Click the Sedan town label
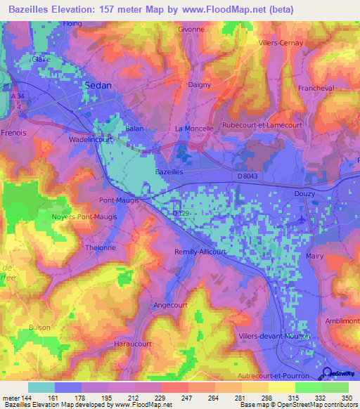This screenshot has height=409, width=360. pyautogui.click(x=98, y=84)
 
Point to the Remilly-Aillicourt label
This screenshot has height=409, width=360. pyautogui.click(x=205, y=251)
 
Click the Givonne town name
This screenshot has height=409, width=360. pyautogui.click(x=191, y=30)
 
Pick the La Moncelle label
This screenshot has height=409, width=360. pyautogui.click(x=193, y=129)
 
